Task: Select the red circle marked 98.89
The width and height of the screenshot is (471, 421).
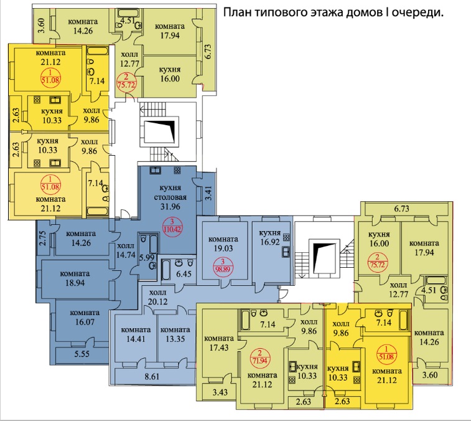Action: (223, 266)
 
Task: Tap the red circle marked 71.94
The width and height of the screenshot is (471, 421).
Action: (259, 357)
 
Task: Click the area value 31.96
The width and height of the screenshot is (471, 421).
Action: (170, 207)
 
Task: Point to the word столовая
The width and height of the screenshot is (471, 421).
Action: (170, 197)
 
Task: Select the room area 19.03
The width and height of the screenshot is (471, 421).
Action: (223, 248)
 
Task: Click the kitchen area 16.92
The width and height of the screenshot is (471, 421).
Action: (270, 242)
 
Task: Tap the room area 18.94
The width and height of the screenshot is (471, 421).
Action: (75, 283)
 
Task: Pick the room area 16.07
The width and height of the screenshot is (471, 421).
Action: (85, 322)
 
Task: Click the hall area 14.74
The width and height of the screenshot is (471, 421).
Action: (126, 254)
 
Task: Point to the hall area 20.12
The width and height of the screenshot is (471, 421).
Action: (157, 301)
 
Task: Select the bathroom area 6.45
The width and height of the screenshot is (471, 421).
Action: (184, 273)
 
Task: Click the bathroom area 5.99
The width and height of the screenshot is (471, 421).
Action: (147, 257)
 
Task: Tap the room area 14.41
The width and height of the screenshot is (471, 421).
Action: (136, 339)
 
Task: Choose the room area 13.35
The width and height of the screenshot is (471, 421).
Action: (175, 339)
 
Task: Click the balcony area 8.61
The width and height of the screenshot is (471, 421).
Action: (152, 376)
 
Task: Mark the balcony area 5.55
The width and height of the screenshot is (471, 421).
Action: (82, 354)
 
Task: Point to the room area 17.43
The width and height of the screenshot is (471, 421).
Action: (218, 348)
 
